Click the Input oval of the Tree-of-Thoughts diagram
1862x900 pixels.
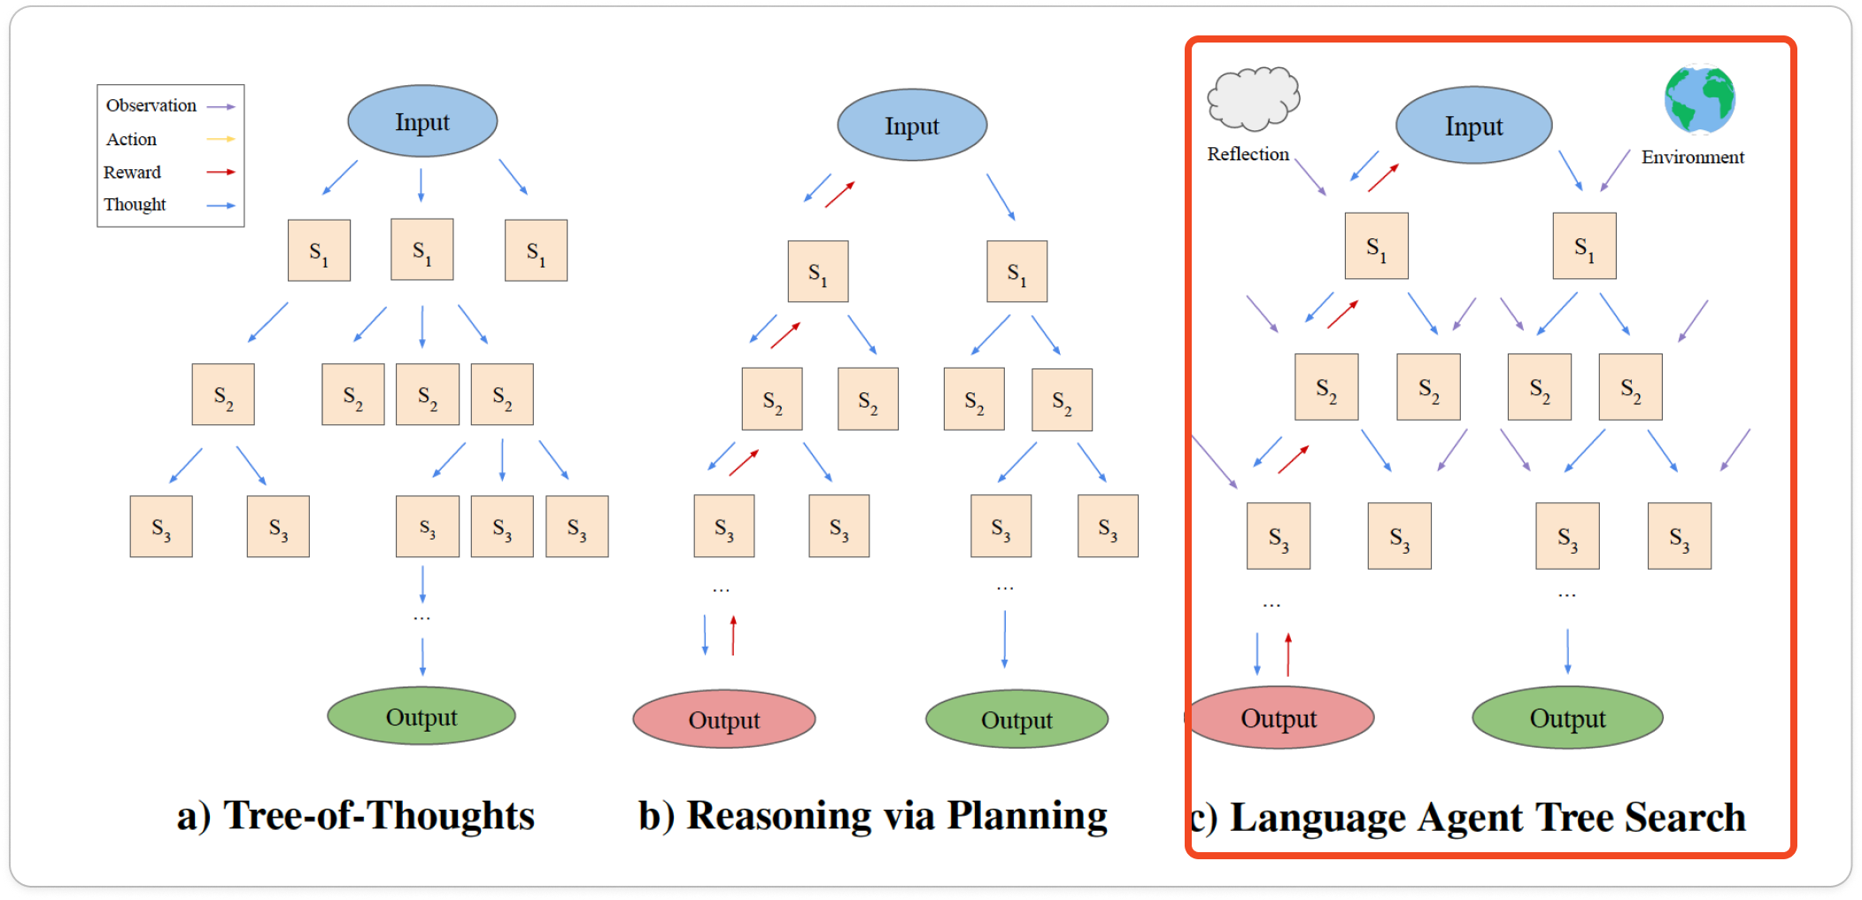click(x=422, y=121)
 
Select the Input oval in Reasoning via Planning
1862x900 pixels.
click(x=912, y=125)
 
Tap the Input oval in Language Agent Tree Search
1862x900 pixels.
click(x=1474, y=125)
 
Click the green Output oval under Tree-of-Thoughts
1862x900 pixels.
click(x=421, y=716)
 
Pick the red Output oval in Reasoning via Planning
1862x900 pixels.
click(x=724, y=718)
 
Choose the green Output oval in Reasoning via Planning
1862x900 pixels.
click(x=1016, y=718)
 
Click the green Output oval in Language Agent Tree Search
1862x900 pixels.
click(x=1567, y=718)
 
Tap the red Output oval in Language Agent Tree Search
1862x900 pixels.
click(x=1279, y=718)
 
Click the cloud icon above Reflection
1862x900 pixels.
click(x=1253, y=98)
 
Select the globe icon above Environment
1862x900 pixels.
click(x=1699, y=99)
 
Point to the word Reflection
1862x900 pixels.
click(x=1248, y=154)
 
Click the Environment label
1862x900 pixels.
click(x=1693, y=157)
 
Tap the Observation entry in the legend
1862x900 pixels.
click(x=151, y=105)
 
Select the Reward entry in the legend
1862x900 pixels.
click(x=132, y=172)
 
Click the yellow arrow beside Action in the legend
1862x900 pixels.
click(x=220, y=139)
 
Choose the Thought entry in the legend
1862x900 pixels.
click(x=135, y=205)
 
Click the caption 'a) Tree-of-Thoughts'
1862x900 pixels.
click(x=356, y=815)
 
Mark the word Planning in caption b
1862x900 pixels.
click(x=1027, y=816)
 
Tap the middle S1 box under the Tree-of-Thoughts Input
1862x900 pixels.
click(x=422, y=250)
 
